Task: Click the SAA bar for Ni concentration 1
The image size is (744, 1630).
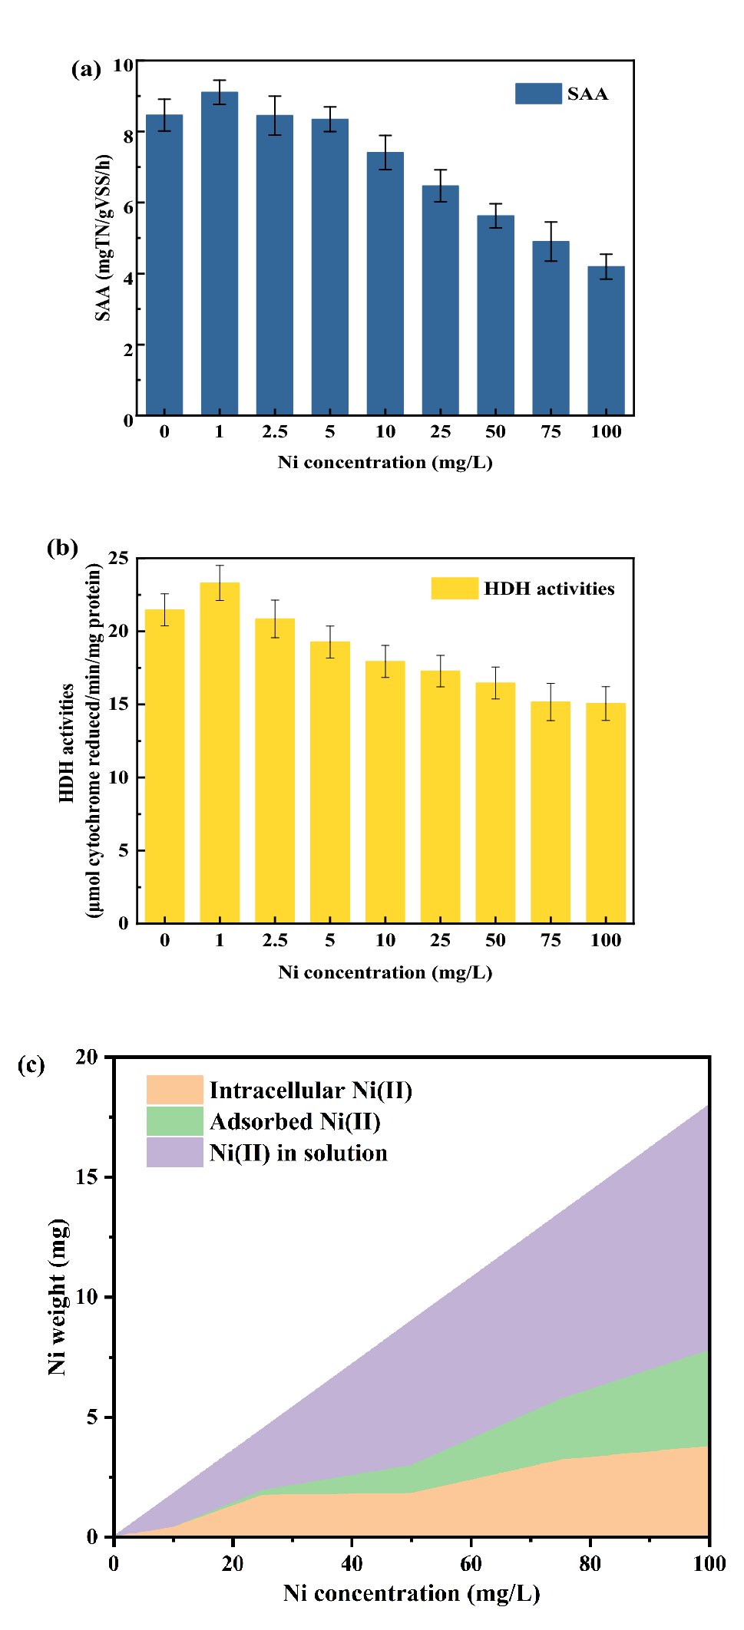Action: point(219,253)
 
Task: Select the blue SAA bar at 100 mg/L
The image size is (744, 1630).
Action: point(606,341)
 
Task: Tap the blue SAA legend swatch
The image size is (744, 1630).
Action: point(538,94)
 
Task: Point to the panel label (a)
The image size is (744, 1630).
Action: point(86,70)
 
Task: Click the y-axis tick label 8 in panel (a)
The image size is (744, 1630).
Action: point(128,136)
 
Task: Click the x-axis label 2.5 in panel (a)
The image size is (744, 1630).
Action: point(274,432)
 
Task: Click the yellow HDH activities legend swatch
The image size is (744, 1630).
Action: point(455,589)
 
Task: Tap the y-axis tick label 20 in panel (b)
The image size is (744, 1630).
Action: point(118,631)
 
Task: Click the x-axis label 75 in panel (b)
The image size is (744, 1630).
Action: point(551,941)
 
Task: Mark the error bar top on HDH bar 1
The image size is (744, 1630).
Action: point(220,566)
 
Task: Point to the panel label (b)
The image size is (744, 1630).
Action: point(62,548)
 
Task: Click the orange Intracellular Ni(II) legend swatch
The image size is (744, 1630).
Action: point(175,1090)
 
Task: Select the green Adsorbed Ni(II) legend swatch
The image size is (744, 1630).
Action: point(175,1121)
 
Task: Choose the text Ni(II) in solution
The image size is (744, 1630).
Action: point(298,1153)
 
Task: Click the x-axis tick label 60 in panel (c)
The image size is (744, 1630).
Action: point(471,1564)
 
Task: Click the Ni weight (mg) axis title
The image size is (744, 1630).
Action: point(58,1296)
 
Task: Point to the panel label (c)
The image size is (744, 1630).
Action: point(31,1065)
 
